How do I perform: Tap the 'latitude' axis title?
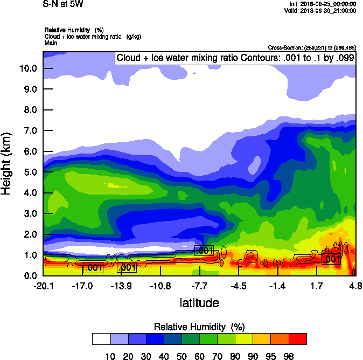click(199, 303)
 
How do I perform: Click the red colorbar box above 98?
click(298, 338)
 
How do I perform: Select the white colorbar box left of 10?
click(101, 338)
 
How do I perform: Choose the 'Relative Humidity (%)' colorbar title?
click(199, 327)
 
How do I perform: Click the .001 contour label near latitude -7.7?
click(204, 251)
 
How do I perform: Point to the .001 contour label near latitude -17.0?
click(93, 267)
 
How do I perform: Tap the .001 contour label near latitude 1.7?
click(332, 259)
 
